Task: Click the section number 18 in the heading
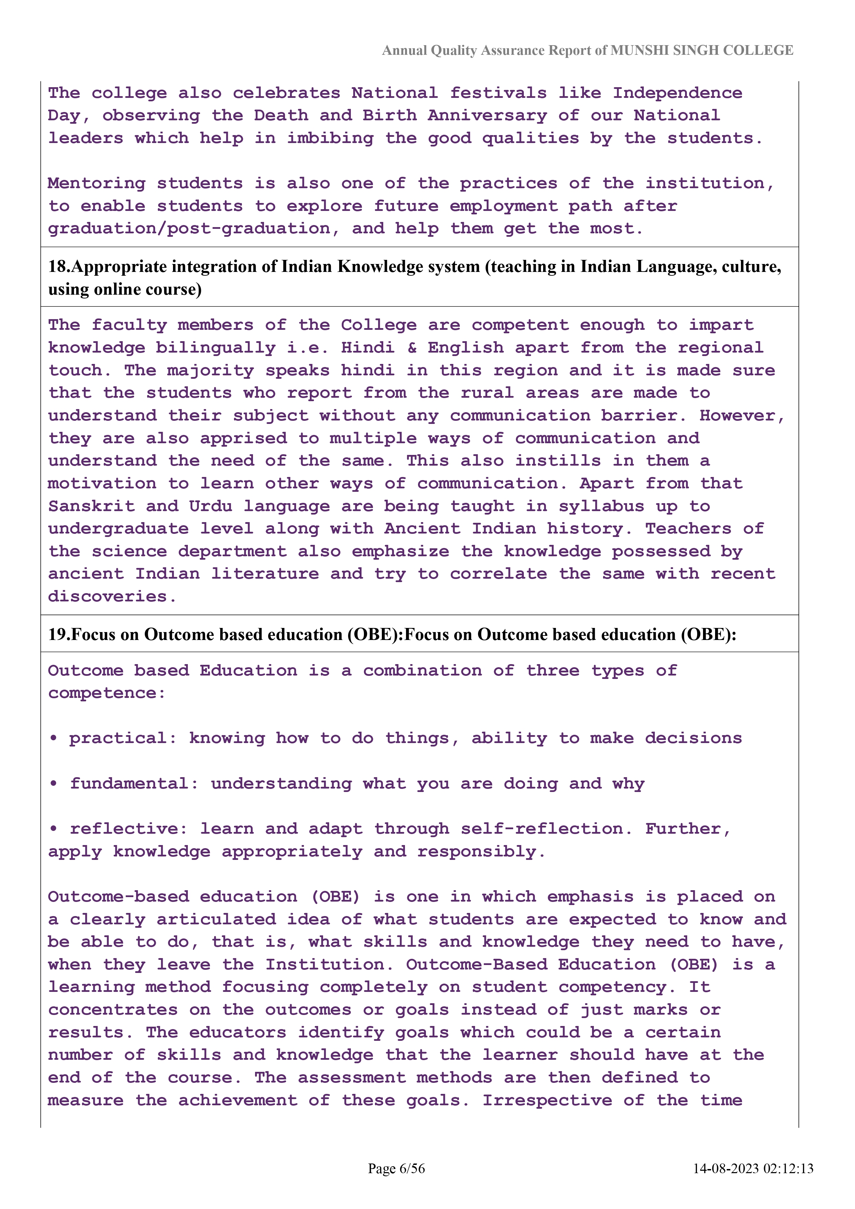click(x=58, y=267)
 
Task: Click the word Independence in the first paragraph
click(x=677, y=93)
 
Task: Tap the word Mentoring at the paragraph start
click(x=96, y=183)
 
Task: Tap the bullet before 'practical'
click(x=53, y=739)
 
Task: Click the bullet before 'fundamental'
click(x=53, y=784)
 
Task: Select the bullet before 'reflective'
click(x=53, y=829)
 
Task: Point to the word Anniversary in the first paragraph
click(x=487, y=116)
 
